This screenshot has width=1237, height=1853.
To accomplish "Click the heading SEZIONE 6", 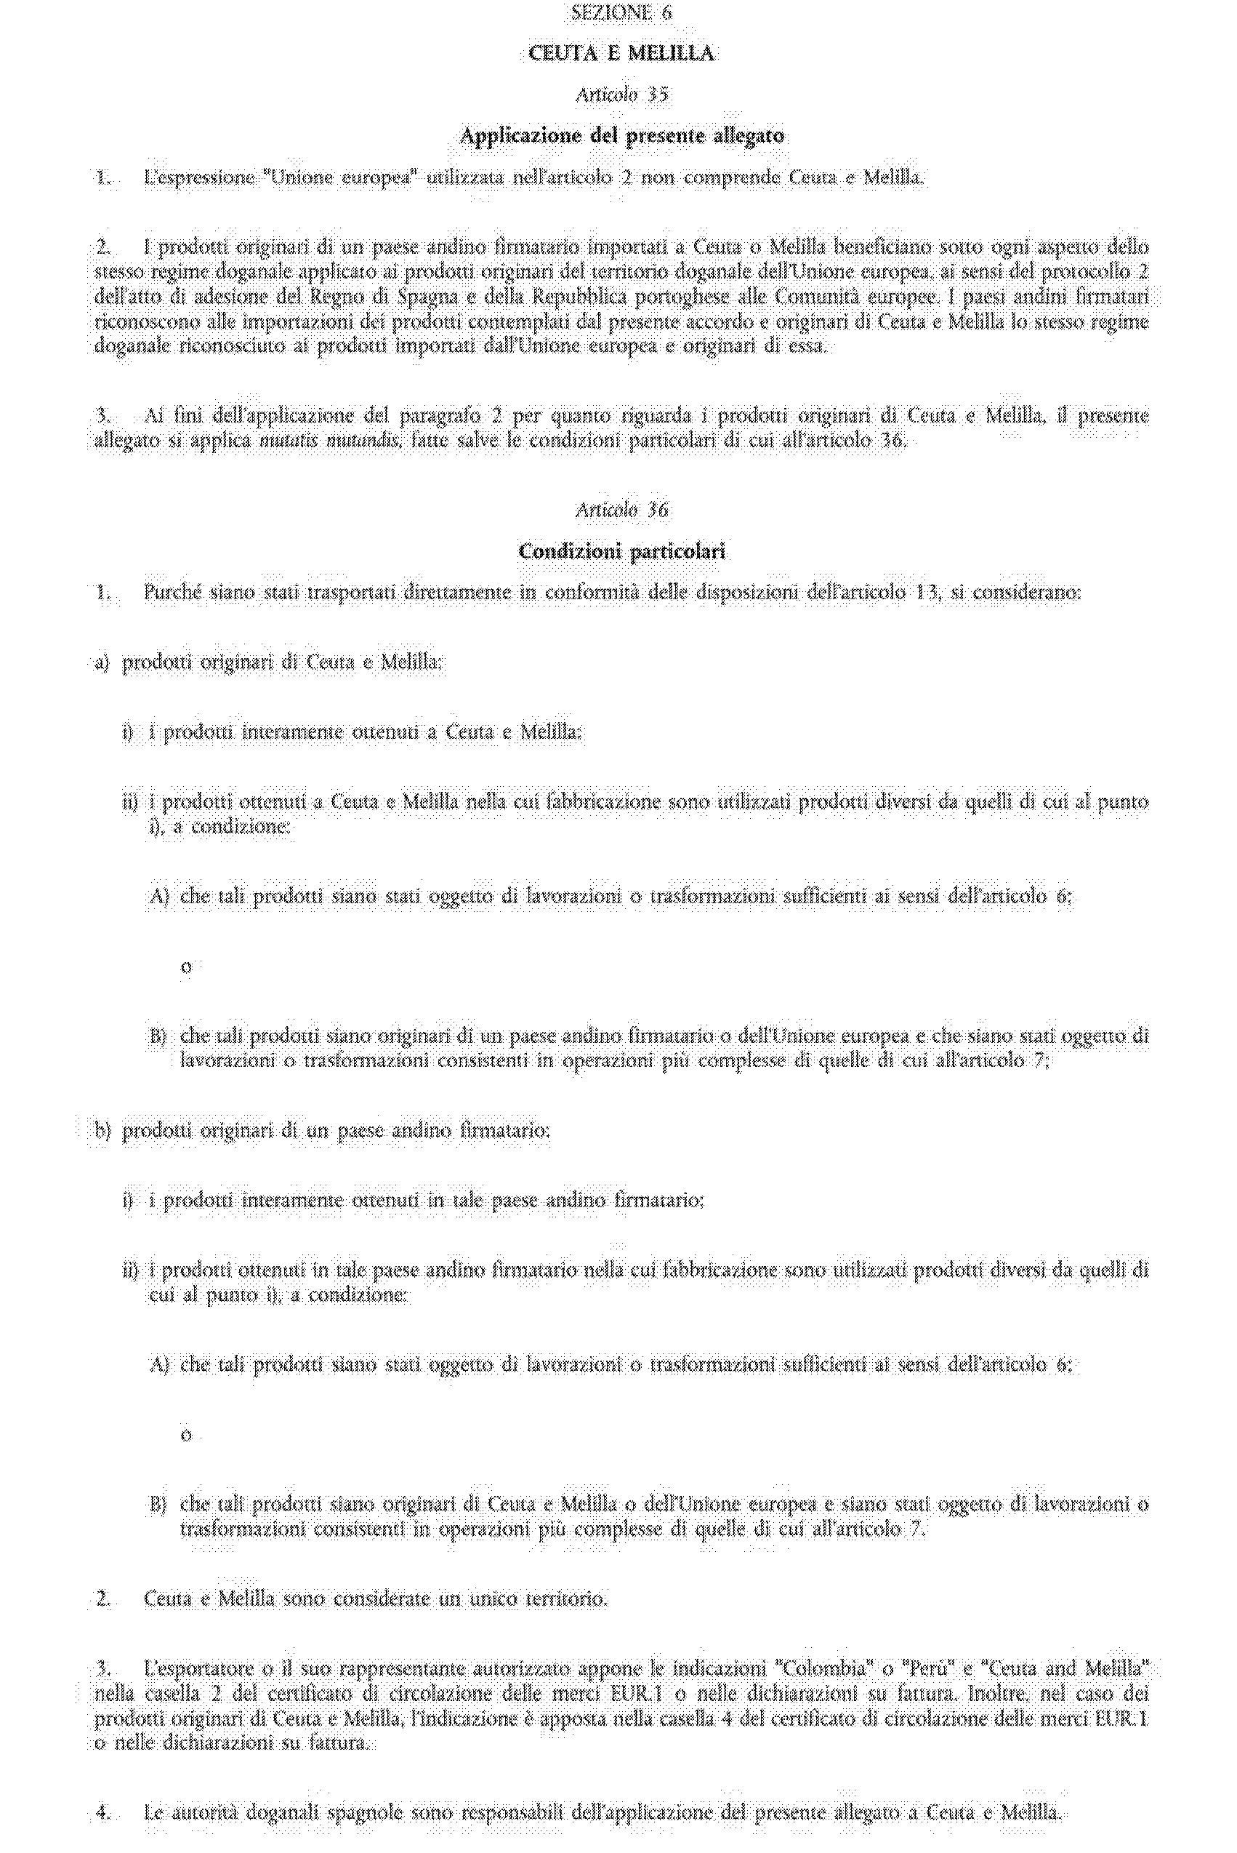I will click(x=621, y=12).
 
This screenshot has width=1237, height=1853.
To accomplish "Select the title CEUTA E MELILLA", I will click(x=621, y=54).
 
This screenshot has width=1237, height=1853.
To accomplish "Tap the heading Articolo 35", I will click(x=621, y=95).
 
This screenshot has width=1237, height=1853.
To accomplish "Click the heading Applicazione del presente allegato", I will click(x=621, y=136).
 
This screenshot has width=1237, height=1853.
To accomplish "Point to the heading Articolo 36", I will click(x=621, y=510).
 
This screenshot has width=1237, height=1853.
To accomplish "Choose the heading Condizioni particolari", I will click(x=621, y=551).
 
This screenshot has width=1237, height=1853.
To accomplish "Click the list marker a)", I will click(x=102, y=662).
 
